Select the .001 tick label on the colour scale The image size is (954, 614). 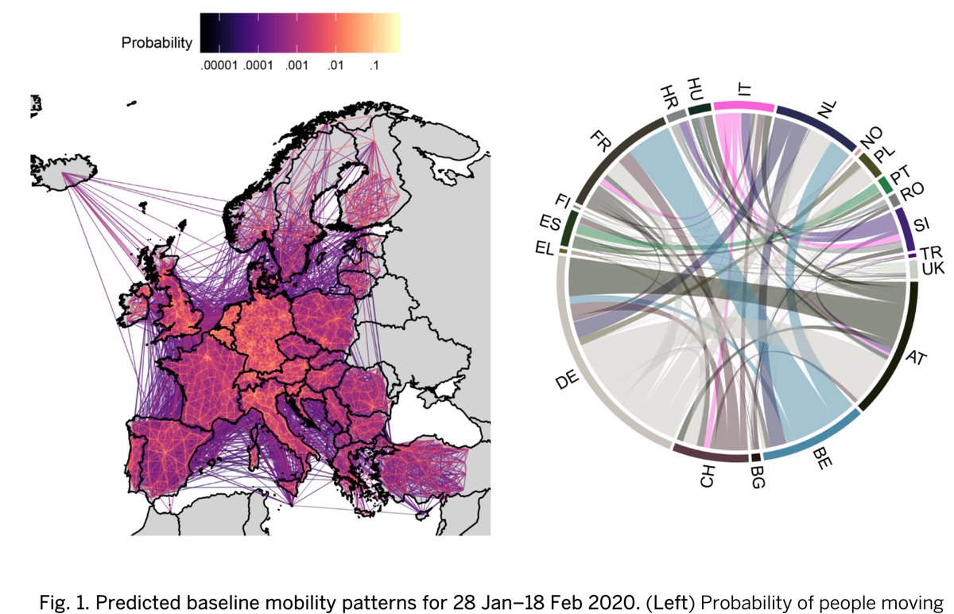pyautogui.click(x=297, y=65)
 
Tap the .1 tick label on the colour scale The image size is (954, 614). pyautogui.click(x=373, y=65)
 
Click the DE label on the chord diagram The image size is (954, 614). pyautogui.click(x=568, y=379)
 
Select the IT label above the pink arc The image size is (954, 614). pyautogui.click(x=745, y=90)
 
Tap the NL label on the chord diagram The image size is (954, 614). pyautogui.click(x=828, y=109)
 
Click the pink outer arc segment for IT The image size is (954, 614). pyautogui.click(x=744, y=107)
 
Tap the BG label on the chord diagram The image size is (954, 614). pyautogui.click(x=757, y=479)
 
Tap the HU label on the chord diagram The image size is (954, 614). pyautogui.click(x=695, y=89)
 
